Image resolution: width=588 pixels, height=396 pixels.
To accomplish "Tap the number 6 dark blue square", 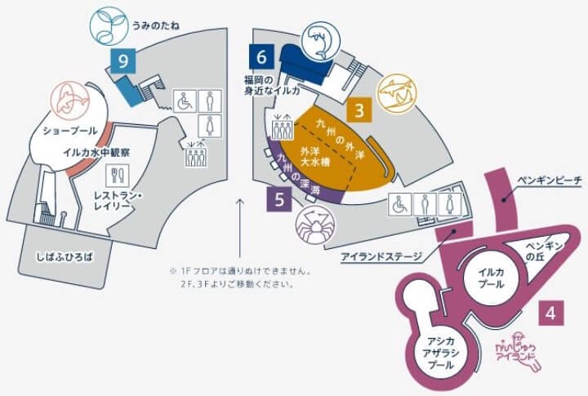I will (261, 57).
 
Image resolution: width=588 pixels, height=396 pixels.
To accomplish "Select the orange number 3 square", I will (359, 111).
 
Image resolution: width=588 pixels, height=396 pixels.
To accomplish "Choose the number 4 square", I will (552, 311).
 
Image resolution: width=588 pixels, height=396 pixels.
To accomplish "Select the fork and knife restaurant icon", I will (114, 174).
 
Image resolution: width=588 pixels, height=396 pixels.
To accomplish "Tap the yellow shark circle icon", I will (397, 99).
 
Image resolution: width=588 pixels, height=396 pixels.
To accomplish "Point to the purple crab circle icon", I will (313, 223).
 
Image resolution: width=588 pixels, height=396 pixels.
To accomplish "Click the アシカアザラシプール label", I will (441, 354).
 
